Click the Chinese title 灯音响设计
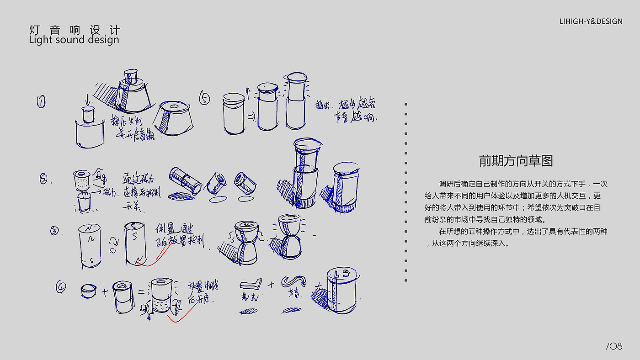point(75,30)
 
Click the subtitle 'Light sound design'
point(74,40)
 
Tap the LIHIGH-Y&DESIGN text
point(591,21)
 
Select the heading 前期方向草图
point(516,161)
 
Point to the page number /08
point(614,346)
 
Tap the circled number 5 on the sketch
point(204,98)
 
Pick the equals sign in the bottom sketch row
point(141,291)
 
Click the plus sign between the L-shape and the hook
point(271,285)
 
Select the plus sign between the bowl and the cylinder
point(104,291)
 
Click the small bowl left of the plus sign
point(88,291)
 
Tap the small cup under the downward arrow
point(87,114)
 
